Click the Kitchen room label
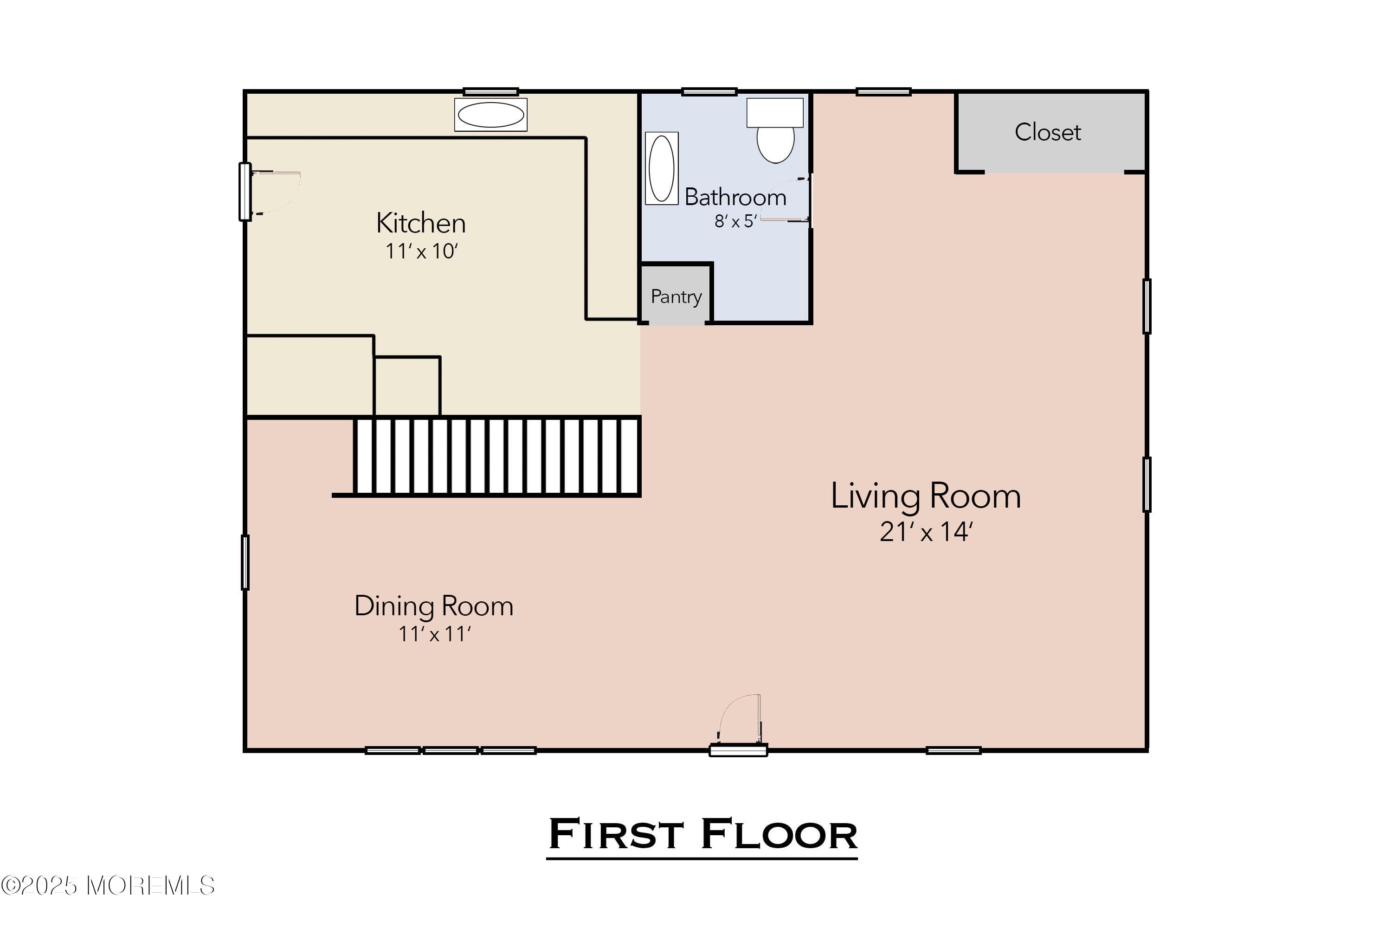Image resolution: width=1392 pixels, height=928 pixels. (421, 223)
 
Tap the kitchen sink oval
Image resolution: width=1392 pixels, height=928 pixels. (490, 115)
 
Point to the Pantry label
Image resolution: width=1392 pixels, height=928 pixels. (676, 296)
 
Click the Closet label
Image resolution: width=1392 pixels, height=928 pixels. (1048, 132)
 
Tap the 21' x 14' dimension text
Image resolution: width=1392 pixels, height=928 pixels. (926, 531)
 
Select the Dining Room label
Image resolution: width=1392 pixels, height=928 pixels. (434, 606)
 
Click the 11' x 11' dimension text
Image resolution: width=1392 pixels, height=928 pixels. (434, 634)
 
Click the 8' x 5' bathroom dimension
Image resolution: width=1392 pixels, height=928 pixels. (735, 221)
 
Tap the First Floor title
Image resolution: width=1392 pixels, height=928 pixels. (702, 834)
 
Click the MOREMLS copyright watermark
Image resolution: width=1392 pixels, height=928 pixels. (108, 886)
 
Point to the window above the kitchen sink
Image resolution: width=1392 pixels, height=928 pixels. (490, 92)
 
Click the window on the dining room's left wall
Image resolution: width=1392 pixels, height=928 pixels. (245, 562)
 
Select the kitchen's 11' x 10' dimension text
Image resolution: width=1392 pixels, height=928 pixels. (421, 251)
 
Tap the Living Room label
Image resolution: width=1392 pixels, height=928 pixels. (926, 496)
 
